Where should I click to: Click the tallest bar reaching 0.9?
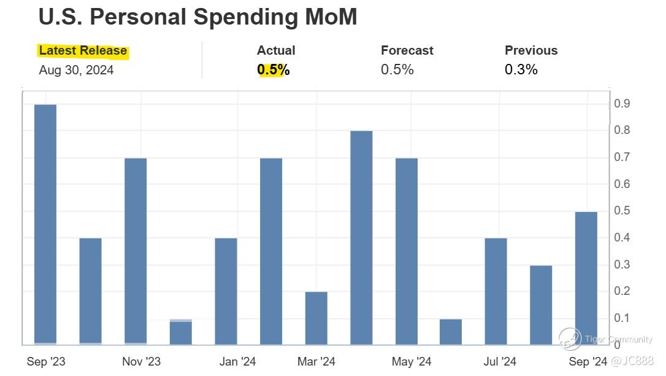click(x=45, y=224)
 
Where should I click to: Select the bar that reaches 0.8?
click(x=361, y=238)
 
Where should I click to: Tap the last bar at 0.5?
click(x=586, y=278)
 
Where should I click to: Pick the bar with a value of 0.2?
click(x=316, y=318)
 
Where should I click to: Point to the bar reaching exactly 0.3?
click(x=541, y=305)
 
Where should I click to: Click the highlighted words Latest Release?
click(x=83, y=51)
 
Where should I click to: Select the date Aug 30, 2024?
click(x=76, y=70)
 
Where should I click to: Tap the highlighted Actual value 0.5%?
click(x=274, y=70)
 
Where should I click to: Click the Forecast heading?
click(x=407, y=50)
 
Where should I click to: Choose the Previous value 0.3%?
click(x=521, y=70)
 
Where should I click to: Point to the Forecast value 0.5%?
click(x=397, y=70)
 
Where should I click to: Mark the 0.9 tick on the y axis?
click(x=622, y=104)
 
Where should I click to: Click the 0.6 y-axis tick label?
click(x=622, y=184)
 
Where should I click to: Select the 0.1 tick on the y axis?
click(x=622, y=318)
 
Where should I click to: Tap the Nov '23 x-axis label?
click(x=142, y=362)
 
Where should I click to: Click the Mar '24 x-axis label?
click(x=316, y=362)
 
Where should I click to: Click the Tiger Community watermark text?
click(x=618, y=340)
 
